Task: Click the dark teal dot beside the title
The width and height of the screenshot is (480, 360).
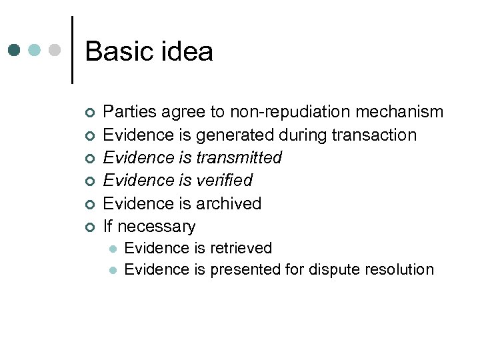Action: [x=15, y=50]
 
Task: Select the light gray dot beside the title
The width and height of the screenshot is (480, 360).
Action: [x=56, y=50]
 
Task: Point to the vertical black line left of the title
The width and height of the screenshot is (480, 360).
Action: [x=72, y=49]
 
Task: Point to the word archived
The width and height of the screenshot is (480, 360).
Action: [x=229, y=203]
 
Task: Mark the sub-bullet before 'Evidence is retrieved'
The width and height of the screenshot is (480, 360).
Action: [x=113, y=249]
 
